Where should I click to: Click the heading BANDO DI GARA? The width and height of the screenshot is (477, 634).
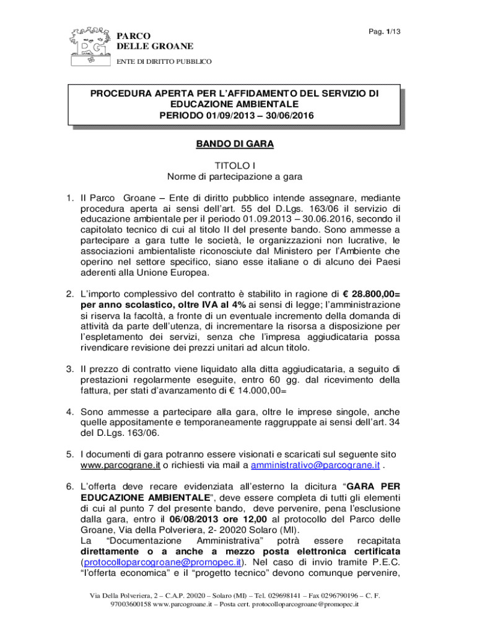235,144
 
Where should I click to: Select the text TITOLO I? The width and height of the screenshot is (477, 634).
235,166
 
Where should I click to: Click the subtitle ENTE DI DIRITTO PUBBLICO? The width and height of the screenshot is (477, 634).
165,61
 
